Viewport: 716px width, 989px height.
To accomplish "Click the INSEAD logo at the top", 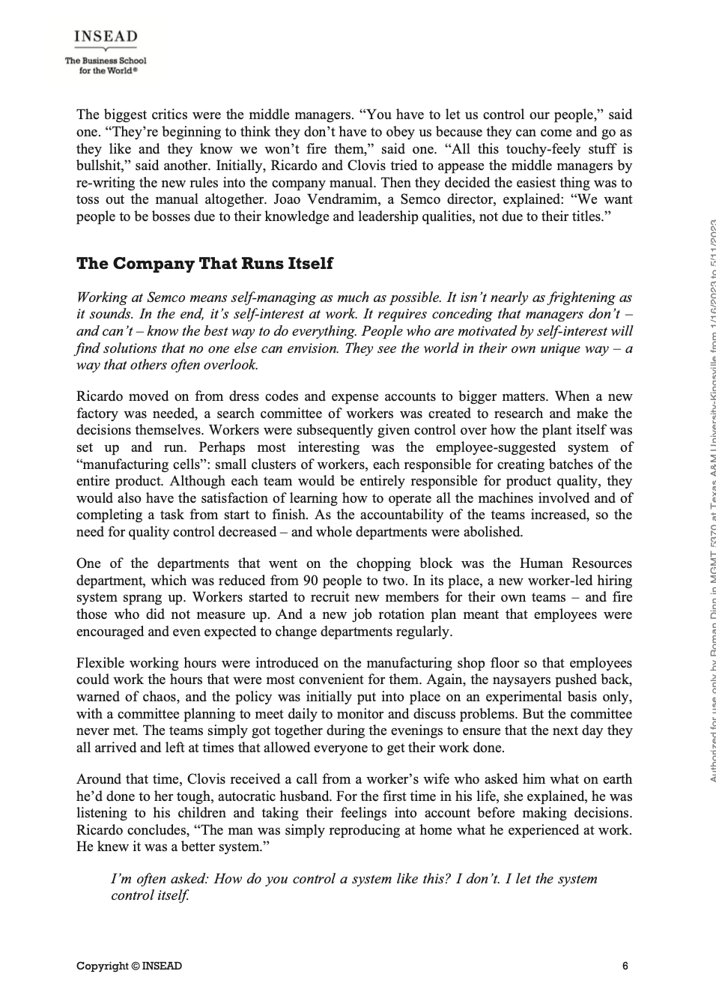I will click(x=106, y=37).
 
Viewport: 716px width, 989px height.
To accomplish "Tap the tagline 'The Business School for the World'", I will click(x=106, y=65).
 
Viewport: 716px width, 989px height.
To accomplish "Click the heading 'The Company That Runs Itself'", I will click(x=204, y=264).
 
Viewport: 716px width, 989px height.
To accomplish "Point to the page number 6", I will click(x=625, y=966).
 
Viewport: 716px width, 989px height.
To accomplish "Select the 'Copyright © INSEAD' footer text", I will click(x=129, y=966).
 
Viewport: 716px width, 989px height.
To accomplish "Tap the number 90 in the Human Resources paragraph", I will click(x=311, y=581).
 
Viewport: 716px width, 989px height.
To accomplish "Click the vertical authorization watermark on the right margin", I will click(x=712, y=502).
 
